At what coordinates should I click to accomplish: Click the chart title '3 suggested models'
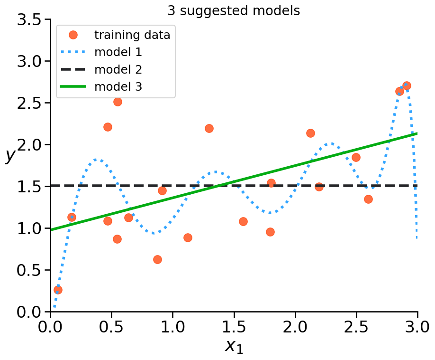[234, 11]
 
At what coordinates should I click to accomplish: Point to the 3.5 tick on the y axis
[30, 20]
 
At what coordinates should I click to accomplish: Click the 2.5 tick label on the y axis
[30, 103]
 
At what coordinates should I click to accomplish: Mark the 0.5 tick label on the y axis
[30, 270]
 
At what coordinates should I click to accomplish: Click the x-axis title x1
[234, 346]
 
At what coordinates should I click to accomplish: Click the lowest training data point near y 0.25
[58, 290]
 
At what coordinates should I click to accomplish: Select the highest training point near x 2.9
[407, 86]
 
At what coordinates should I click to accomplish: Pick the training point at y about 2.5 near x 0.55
[118, 102]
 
